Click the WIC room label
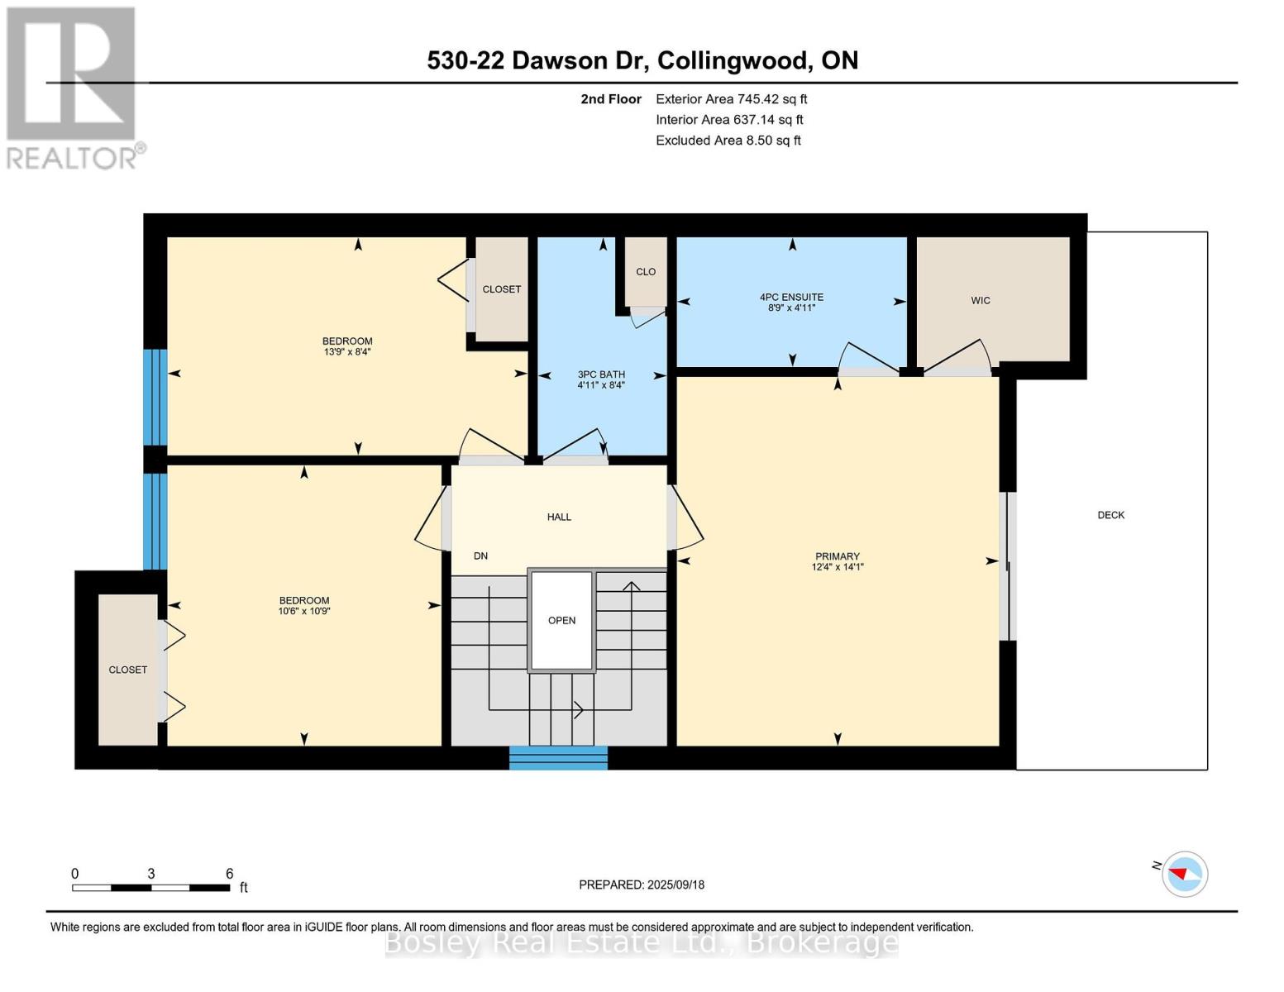[981, 301]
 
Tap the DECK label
[1111, 515]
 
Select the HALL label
[559, 517]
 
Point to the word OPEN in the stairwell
[561, 620]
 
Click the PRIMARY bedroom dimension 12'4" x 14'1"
[838, 567]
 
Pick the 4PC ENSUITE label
[791, 298]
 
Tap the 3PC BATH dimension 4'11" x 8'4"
[601, 385]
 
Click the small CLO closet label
[646, 272]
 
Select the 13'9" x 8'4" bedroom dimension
[347, 352]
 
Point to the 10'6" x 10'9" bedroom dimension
[304, 611]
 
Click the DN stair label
[480, 556]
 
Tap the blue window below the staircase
[558, 758]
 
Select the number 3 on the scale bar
[151, 874]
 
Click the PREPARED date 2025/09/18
[676, 885]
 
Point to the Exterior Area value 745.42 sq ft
[772, 99]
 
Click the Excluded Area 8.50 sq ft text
[728, 141]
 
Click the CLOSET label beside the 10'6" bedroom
[127, 670]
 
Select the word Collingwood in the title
[733, 61]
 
